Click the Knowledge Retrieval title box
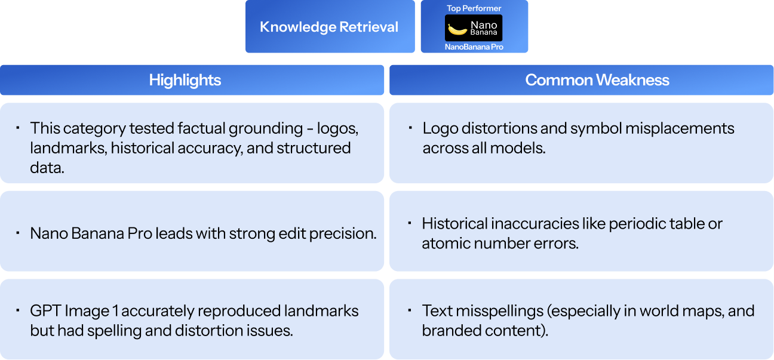point(330,27)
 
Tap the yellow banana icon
point(457,29)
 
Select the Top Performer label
point(474,8)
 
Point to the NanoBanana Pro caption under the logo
point(474,47)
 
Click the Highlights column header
point(185,80)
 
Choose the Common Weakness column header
point(597,80)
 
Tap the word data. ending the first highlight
point(47,168)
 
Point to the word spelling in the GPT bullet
point(112,330)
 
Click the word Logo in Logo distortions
point(438,128)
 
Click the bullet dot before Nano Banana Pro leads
point(18,232)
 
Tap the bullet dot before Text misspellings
point(410,309)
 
